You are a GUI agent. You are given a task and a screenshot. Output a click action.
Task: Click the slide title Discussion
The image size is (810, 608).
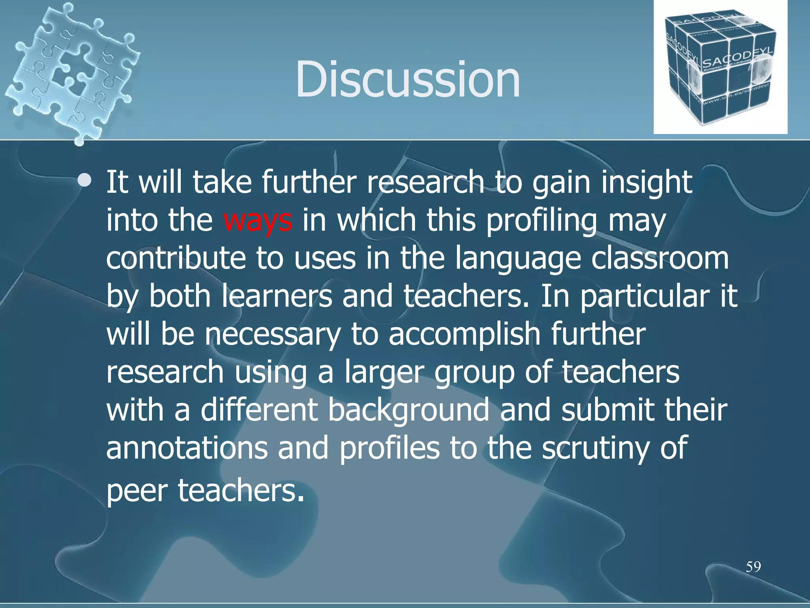pos(407,79)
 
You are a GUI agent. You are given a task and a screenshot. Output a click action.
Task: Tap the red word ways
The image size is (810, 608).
pos(257,220)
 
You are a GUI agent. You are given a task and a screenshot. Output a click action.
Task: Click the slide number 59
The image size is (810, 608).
pos(753,567)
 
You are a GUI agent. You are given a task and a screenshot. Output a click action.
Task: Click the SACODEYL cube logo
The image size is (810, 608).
pos(720,67)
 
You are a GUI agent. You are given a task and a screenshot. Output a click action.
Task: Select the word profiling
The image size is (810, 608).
pos(541,220)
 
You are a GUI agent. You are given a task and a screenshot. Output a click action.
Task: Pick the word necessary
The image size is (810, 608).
pos(273,335)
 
